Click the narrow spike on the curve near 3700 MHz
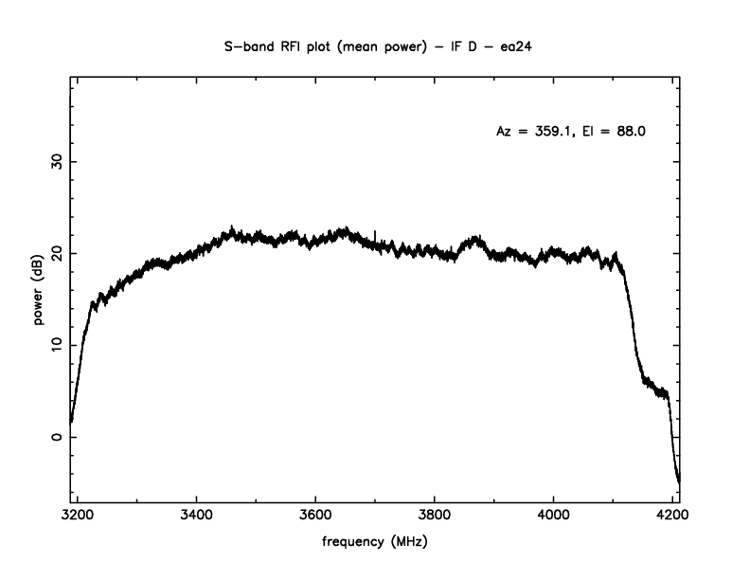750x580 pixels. [375, 233]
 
